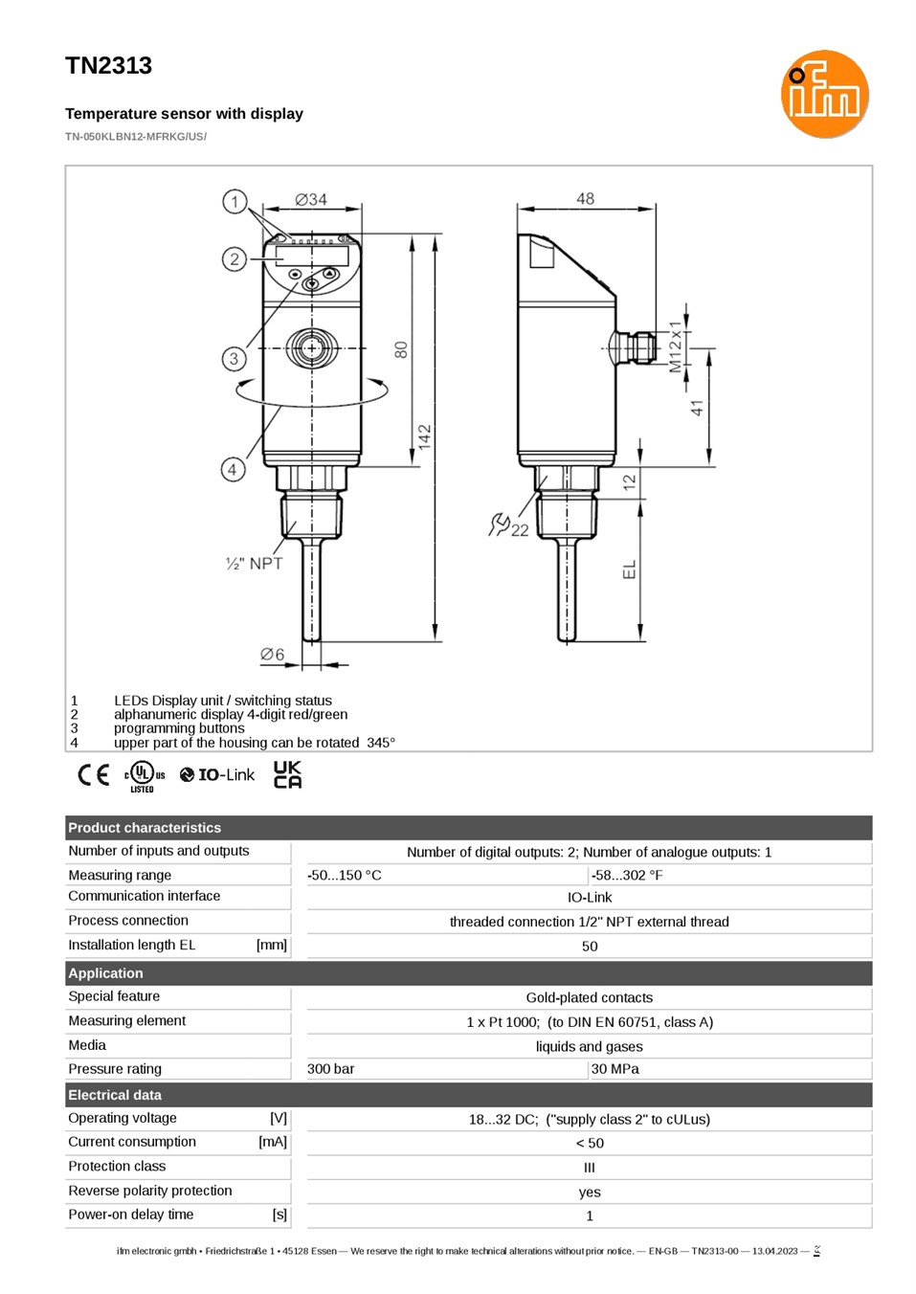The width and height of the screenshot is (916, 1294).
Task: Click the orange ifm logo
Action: pyautogui.click(x=824, y=94)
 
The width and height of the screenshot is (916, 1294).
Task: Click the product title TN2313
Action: pyautogui.click(x=108, y=66)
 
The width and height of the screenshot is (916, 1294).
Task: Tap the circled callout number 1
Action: pyautogui.click(x=235, y=202)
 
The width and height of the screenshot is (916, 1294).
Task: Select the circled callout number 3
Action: pyautogui.click(x=234, y=359)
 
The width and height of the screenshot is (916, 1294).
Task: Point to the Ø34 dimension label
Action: pyautogui.click(x=311, y=199)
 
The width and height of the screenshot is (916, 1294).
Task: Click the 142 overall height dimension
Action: pyautogui.click(x=425, y=437)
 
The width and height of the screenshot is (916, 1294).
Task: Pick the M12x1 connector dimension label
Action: pyautogui.click(x=675, y=346)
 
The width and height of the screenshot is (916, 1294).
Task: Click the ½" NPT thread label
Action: pyautogui.click(x=254, y=563)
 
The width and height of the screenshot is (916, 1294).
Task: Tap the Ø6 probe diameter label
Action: pyautogui.click(x=272, y=654)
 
